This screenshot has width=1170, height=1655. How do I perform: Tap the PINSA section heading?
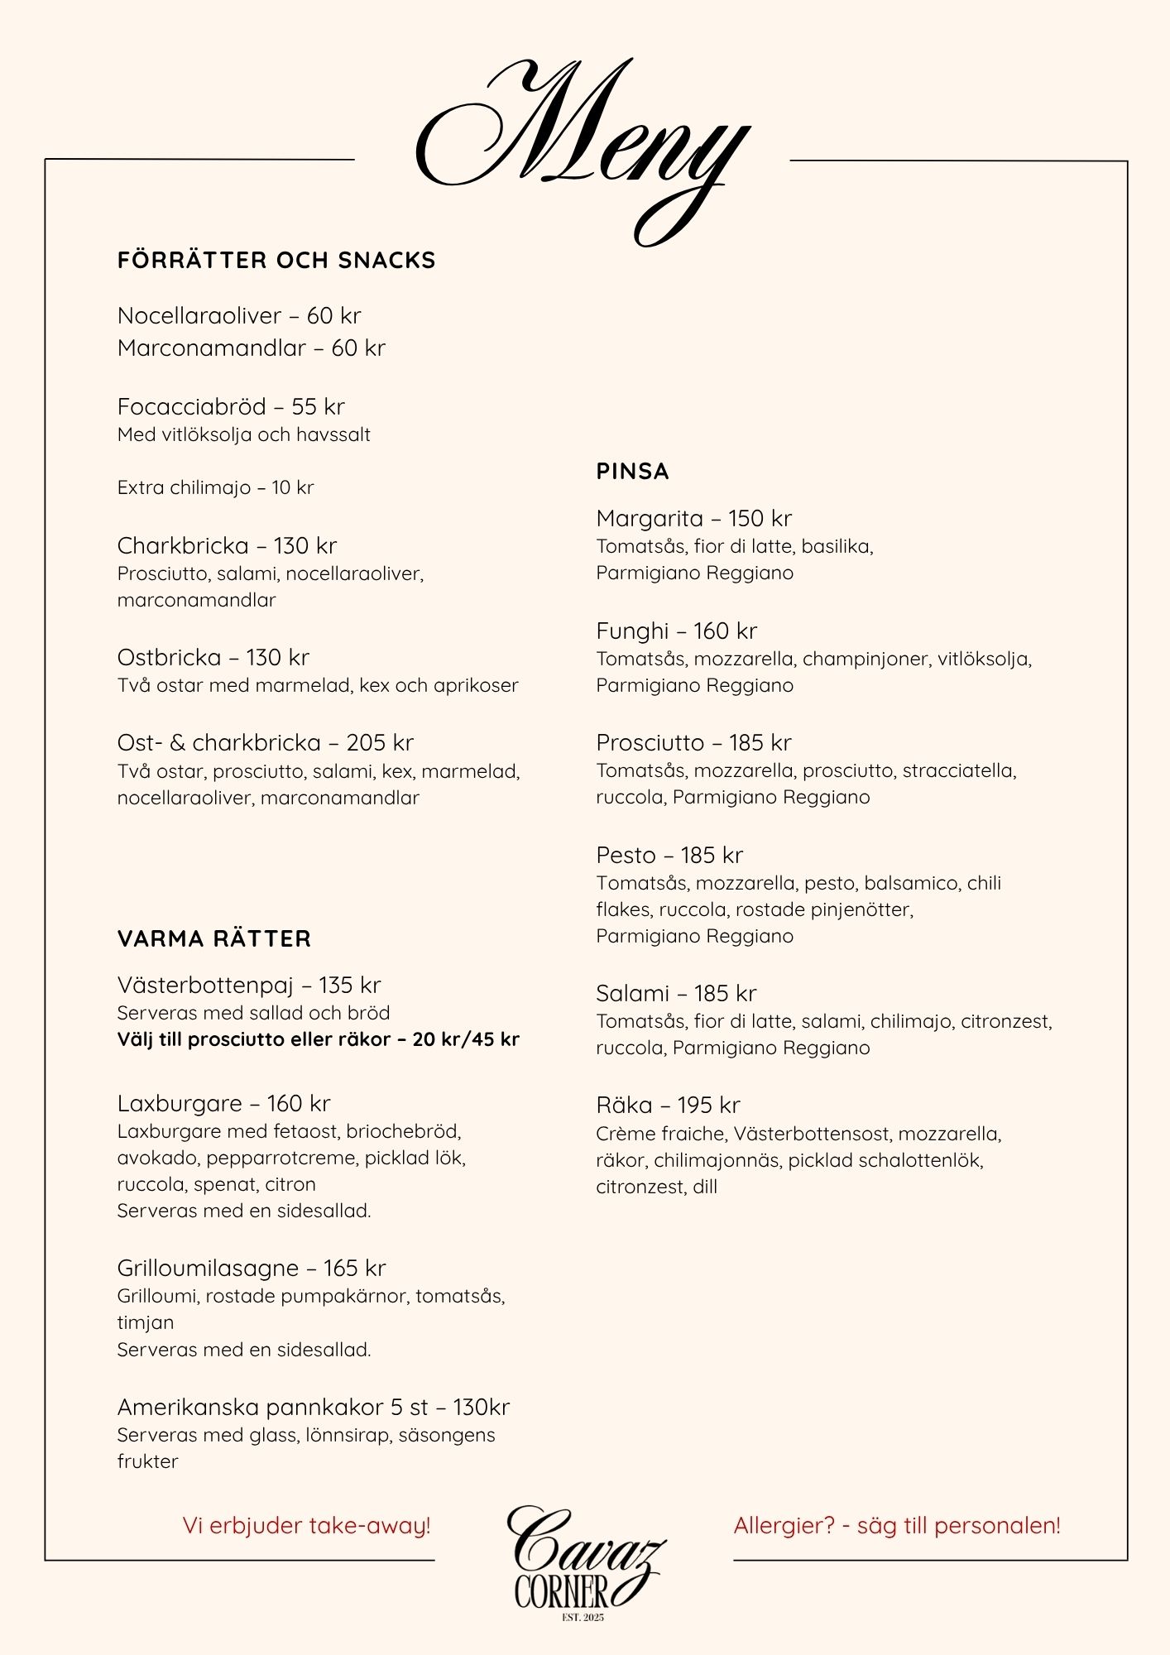click(632, 472)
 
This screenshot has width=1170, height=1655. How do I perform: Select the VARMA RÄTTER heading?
click(214, 939)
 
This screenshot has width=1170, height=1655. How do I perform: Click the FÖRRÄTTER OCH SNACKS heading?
click(276, 261)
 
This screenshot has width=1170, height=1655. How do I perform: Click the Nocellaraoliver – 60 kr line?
click(239, 316)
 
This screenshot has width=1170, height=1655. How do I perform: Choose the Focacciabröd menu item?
click(231, 407)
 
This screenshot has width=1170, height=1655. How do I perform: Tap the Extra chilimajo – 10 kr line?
click(215, 487)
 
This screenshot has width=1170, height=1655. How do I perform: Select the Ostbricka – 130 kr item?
click(213, 658)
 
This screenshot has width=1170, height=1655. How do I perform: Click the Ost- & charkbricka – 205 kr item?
click(265, 743)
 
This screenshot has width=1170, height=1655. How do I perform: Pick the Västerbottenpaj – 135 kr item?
click(249, 986)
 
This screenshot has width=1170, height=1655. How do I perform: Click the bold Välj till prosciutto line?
click(318, 1039)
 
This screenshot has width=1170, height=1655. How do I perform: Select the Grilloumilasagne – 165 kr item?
click(252, 1269)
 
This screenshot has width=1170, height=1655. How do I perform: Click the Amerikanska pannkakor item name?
click(313, 1408)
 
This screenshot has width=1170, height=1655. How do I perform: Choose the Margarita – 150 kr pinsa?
click(693, 519)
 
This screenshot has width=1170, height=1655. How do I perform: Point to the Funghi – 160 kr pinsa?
click(676, 631)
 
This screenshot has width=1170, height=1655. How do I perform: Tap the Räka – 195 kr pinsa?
click(668, 1106)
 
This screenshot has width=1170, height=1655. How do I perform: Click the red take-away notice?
click(306, 1526)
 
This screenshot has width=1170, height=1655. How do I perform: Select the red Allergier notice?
click(897, 1526)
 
